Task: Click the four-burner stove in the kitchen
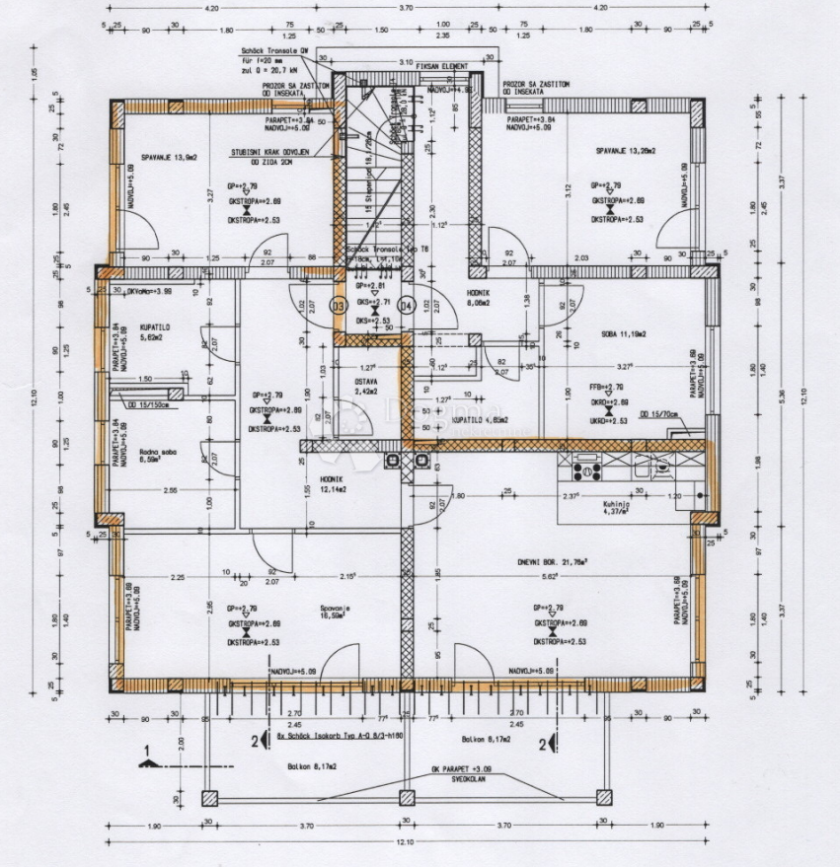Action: (x=588, y=468)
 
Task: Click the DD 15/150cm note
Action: (x=148, y=402)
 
